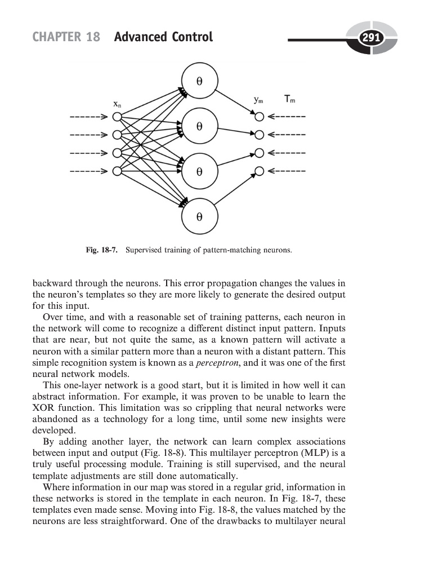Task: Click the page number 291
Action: (372, 38)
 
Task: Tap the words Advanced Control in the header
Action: (163, 38)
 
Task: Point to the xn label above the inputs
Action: (116, 104)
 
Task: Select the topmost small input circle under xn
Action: (117, 117)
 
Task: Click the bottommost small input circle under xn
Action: (117, 171)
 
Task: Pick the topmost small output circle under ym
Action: (259, 117)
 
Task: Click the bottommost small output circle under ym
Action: (259, 171)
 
